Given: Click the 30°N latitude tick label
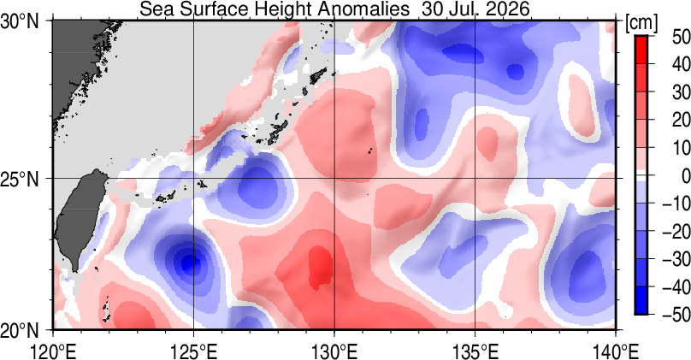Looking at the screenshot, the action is [21, 21].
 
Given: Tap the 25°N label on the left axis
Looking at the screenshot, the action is [21, 180].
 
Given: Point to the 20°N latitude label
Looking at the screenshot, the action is [21, 330].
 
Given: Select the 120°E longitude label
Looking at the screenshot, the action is [53, 351].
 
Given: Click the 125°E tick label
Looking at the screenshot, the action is [193, 351].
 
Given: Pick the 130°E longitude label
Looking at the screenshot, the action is [334, 351].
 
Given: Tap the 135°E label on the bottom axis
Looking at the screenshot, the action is [475, 351].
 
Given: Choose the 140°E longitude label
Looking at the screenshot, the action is [616, 351].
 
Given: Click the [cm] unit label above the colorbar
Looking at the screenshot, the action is [641, 23].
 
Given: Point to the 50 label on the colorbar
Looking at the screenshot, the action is [682, 37].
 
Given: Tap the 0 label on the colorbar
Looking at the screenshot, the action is [685, 176].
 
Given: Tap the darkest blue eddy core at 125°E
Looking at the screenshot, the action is [190, 263].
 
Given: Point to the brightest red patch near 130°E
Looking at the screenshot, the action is [321, 267].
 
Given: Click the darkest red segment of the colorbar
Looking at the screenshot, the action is [641, 50].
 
